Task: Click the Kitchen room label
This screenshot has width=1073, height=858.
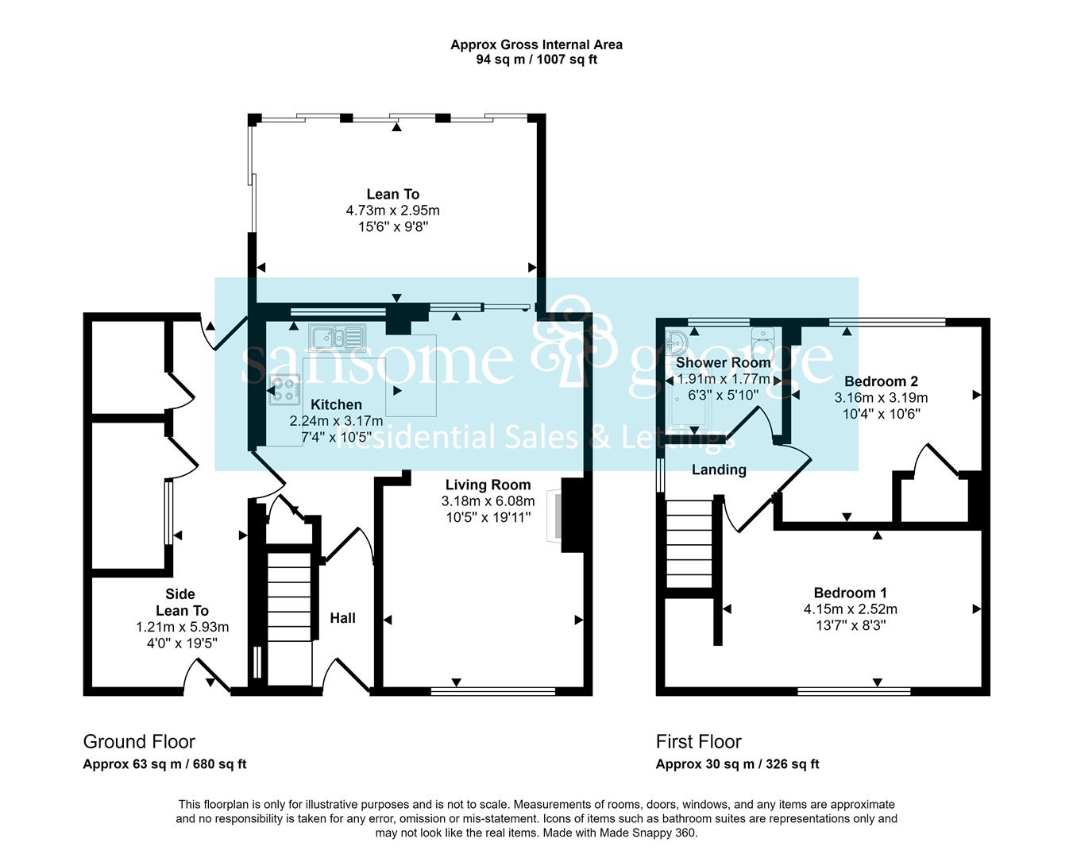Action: pyautogui.click(x=336, y=404)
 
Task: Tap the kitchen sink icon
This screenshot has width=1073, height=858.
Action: pyautogui.click(x=337, y=338)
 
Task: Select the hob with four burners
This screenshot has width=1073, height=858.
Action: pyautogui.click(x=284, y=391)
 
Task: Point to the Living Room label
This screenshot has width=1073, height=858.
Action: pyautogui.click(x=488, y=485)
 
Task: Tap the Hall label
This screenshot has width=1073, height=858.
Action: pyautogui.click(x=342, y=618)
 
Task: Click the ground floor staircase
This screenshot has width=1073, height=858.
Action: pyautogui.click(x=290, y=618)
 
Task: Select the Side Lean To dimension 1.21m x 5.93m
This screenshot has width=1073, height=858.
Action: pyautogui.click(x=183, y=627)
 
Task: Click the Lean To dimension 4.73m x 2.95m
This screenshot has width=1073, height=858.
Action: pyautogui.click(x=393, y=211)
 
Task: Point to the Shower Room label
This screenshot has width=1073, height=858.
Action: pyautogui.click(x=723, y=362)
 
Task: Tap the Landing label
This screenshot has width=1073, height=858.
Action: pyautogui.click(x=719, y=470)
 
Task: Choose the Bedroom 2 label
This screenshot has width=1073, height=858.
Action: pyautogui.click(x=881, y=381)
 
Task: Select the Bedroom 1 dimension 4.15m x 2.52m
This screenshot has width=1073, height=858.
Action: pyautogui.click(x=851, y=609)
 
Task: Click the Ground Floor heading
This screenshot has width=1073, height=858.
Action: pyautogui.click(x=139, y=742)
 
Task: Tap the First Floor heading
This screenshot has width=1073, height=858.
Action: pyautogui.click(x=699, y=742)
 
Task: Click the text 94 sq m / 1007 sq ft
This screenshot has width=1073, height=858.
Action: pyautogui.click(x=537, y=60)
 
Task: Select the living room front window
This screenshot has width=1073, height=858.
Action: pyautogui.click(x=493, y=691)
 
